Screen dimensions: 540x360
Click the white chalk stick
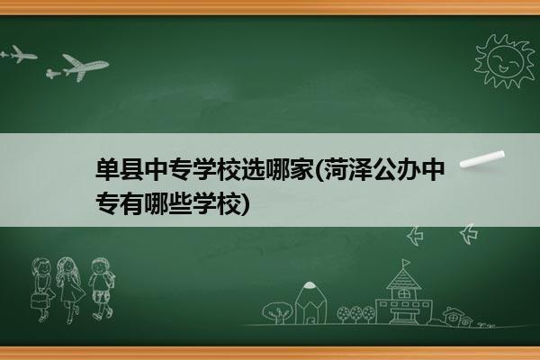click(482, 159)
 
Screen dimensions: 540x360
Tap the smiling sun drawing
click(504, 61)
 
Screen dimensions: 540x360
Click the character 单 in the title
click(107, 169)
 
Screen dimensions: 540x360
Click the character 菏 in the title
click(336, 169)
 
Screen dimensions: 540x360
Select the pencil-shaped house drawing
click(310, 302)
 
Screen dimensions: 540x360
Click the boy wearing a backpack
click(102, 288)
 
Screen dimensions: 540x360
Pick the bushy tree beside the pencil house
click(277, 312)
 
